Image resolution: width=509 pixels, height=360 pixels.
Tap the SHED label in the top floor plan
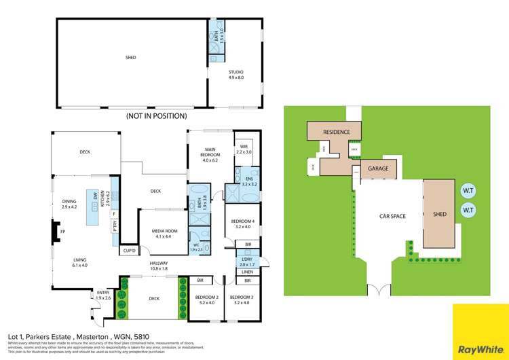[x=131, y=58]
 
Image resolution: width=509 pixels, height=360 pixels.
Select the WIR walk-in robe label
[x=243, y=149]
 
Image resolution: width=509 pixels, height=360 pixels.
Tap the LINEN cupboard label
[x=248, y=272]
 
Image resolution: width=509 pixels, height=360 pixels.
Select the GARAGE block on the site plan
[x=378, y=168]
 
